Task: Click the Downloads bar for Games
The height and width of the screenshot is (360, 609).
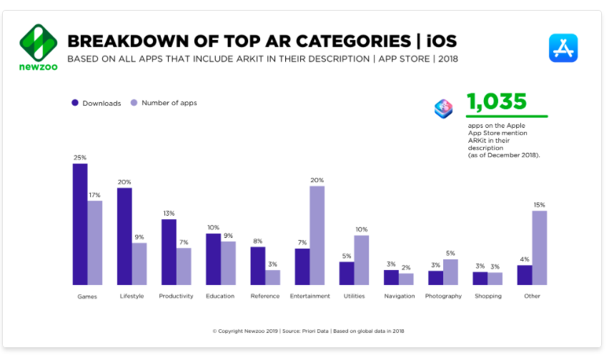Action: [x=80, y=224]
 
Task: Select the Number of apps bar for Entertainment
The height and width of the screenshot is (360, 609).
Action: [x=317, y=236]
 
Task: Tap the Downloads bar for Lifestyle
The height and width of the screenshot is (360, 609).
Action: [x=124, y=236]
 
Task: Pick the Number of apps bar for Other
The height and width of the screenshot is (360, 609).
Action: [x=540, y=248]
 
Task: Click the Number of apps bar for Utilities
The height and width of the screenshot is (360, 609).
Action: [x=362, y=260]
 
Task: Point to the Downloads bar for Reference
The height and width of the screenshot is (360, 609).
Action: [x=257, y=266]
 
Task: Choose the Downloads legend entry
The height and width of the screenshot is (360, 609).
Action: [x=96, y=103]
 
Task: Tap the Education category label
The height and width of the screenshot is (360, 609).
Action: [x=220, y=296]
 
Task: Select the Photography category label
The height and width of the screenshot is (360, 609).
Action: [x=443, y=296]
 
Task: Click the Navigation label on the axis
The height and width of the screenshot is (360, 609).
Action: [x=399, y=296]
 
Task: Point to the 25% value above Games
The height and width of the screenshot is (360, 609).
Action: [x=80, y=157]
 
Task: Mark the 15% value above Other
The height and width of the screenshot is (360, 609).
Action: [x=540, y=205]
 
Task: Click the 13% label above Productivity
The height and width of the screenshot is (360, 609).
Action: [x=169, y=214]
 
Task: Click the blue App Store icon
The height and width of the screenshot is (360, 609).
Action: [x=563, y=47]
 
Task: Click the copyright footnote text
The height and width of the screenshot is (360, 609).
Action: [x=308, y=331]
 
